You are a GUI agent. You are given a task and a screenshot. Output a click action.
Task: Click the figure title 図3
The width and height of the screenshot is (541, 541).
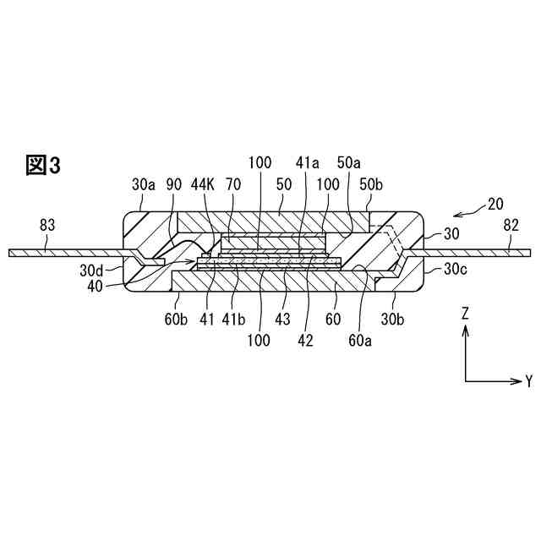click(x=43, y=165)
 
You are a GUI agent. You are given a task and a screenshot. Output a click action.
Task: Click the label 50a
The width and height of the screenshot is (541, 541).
click(x=348, y=161)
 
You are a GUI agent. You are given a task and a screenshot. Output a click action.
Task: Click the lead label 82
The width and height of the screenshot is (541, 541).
click(x=511, y=225)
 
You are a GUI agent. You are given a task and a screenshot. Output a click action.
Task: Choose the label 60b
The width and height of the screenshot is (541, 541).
click(x=176, y=320)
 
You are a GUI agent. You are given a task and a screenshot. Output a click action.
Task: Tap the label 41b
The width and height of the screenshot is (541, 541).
click(x=233, y=320)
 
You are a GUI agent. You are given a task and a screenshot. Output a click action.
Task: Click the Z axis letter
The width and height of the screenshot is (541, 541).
click(x=465, y=312)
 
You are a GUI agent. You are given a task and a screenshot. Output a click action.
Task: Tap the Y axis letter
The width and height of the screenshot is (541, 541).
click(x=529, y=381)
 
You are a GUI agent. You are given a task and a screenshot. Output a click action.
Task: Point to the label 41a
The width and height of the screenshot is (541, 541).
click(x=306, y=161)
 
